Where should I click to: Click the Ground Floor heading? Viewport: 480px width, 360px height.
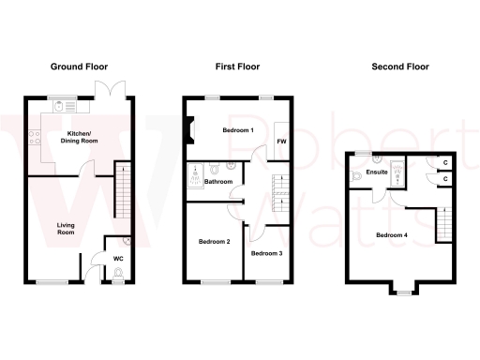[x=79, y=67]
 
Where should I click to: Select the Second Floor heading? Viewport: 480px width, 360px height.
[x=399, y=67]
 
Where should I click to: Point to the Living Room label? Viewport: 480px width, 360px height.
[x=66, y=228]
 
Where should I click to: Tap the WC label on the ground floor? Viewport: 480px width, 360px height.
[x=119, y=258]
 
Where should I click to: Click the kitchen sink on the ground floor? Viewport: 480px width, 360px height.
[x=63, y=107]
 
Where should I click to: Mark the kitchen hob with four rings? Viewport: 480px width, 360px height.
[x=35, y=140]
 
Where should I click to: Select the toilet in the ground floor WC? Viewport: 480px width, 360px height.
[x=119, y=274]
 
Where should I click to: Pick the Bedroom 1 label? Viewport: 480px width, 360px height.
[x=237, y=129]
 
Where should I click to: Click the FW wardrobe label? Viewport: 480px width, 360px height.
[x=280, y=142]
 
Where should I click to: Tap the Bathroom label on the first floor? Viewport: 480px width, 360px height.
[x=218, y=181]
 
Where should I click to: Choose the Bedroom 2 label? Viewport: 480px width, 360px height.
[x=214, y=242]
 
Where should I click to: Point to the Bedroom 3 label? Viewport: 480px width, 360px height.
[x=266, y=253]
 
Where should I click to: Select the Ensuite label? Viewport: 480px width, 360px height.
[x=377, y=172]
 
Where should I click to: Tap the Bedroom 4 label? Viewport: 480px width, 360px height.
[x=391, y=234]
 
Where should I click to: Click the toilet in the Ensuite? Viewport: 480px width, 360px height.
[x=354, y=174]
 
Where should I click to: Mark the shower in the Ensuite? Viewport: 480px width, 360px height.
[x=397, y=171]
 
